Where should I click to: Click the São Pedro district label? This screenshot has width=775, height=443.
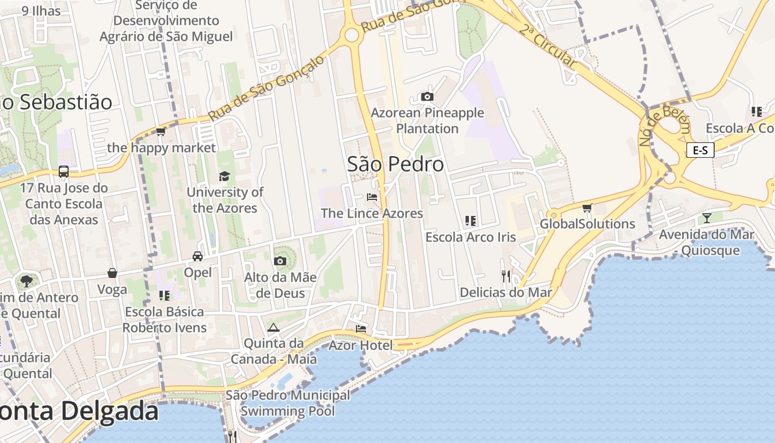click(x=395, y=164)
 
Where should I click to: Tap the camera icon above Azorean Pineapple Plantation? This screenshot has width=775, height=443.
click(x=427, y=97)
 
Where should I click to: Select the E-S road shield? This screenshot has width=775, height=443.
click(x=700, y=150)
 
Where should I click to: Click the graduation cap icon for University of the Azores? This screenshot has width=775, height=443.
click(x=224, y=176)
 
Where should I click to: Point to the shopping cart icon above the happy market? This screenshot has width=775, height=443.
click(x=161, y=131)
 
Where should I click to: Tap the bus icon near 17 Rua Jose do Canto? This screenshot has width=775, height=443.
click(x=64, y=172)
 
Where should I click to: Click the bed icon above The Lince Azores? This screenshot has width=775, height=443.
click(x=372, y=197)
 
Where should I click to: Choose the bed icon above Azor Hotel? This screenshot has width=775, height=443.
click(x=361, y=329)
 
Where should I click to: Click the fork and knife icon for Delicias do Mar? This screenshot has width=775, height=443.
click(x=505, y=276)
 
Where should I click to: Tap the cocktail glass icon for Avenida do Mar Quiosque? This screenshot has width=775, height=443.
click(x=706, y=218)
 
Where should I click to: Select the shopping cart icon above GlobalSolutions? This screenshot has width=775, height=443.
click(x=587, y=208)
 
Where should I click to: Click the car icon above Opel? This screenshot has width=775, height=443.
click(x=198, y=256)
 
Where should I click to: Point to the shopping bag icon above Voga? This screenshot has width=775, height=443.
click(x=112, y=273)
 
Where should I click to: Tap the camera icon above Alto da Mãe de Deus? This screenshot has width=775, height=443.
click(x=280, y=261)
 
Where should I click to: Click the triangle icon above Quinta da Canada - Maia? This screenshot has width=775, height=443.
click(x=273, y=327)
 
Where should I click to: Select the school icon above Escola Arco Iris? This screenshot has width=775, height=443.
click(x=471, y=221)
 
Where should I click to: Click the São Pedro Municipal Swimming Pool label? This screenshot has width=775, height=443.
click(x=288, y=403)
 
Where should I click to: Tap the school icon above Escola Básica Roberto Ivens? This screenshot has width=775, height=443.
click(x=164, y=296)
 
